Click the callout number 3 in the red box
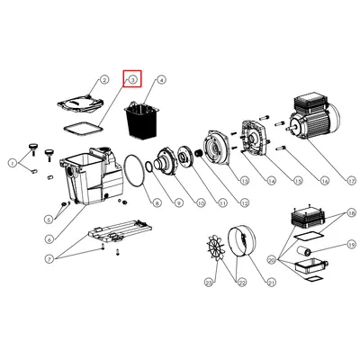[132, 79]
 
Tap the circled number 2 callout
[103, 80]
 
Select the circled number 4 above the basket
[162, 80]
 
